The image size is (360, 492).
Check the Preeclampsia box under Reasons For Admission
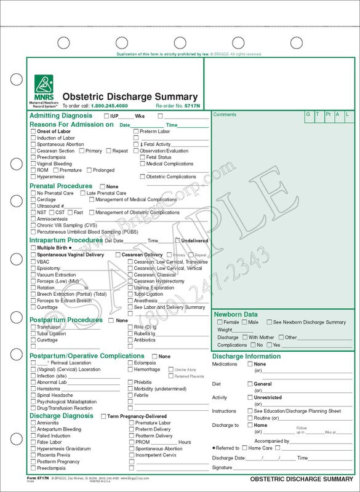click(x=33, y=157)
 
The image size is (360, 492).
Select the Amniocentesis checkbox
click(x=33, y=219)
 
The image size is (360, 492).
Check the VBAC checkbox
click(x=33, y=261)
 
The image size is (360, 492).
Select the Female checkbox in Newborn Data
click(x=220, y=322)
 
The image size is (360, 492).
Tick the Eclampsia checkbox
click(x=130, y=363)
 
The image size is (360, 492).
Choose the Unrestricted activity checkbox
click(x=250, y=397)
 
